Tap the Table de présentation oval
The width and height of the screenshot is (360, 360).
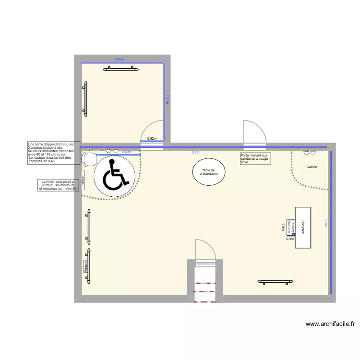click(209, 172)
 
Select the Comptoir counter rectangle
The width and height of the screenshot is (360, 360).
click(303, 228)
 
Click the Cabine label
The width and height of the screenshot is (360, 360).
click(312, 167)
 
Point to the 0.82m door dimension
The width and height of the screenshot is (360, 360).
click(152, 139)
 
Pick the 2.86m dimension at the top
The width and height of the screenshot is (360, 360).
click(119, 60)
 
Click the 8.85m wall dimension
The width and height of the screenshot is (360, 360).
click(196, 152)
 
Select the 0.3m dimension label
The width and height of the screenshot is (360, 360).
click(289, 239)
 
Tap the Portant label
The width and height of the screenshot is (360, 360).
click(85, 266)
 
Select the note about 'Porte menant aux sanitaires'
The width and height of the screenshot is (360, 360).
click(255, 158)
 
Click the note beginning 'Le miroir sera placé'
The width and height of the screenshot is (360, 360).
click(58, 185)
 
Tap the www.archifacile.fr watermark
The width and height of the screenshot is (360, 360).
click(330, 324)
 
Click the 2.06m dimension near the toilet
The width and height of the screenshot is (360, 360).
click(126, 152)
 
